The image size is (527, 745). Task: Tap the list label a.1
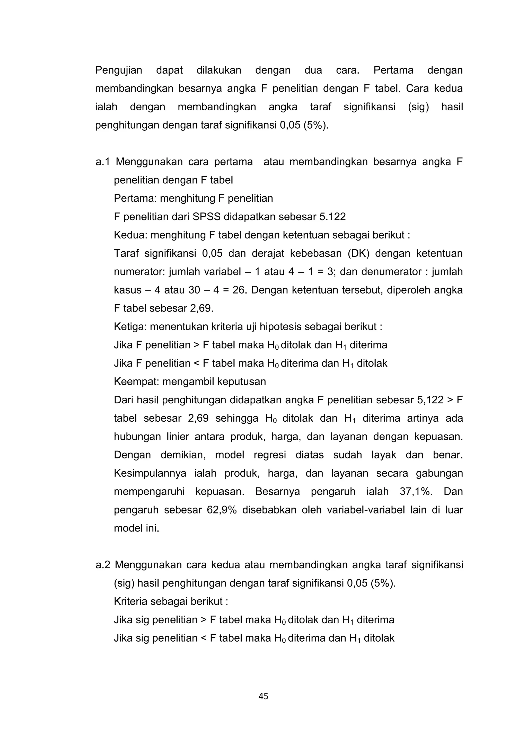click(103, 162)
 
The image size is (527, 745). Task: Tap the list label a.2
click(103, 565)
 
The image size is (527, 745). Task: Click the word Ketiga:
click(130, 326)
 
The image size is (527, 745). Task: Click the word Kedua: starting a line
click(130, 235)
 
